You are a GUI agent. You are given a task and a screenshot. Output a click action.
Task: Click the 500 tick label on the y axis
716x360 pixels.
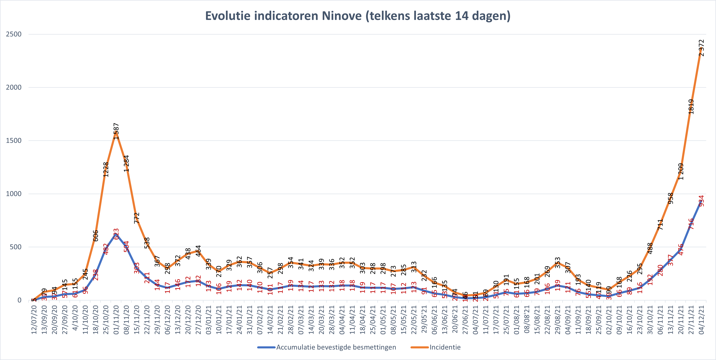coord(16,247)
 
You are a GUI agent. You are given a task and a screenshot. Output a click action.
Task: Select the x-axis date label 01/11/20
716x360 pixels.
coord(116,320)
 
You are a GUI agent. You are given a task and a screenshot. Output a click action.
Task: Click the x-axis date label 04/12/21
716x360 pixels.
coord(701,320)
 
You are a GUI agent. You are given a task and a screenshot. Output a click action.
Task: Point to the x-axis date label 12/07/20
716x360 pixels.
coord(34,320)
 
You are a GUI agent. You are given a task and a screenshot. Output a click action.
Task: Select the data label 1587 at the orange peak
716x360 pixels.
coord(116,131)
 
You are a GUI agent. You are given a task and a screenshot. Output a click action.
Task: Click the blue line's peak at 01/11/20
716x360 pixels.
coord(116,234)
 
